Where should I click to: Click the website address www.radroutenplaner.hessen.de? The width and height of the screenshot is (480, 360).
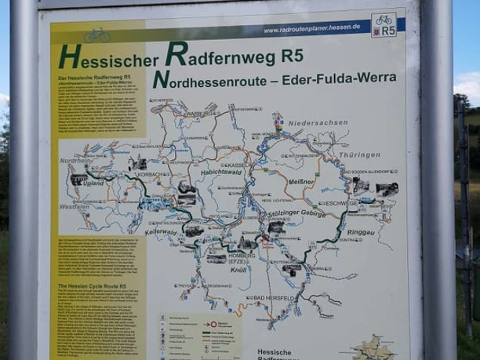[302, 28]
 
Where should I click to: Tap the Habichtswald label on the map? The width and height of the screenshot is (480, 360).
[202, 155]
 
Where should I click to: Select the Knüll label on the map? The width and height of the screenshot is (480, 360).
[238, 270]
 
